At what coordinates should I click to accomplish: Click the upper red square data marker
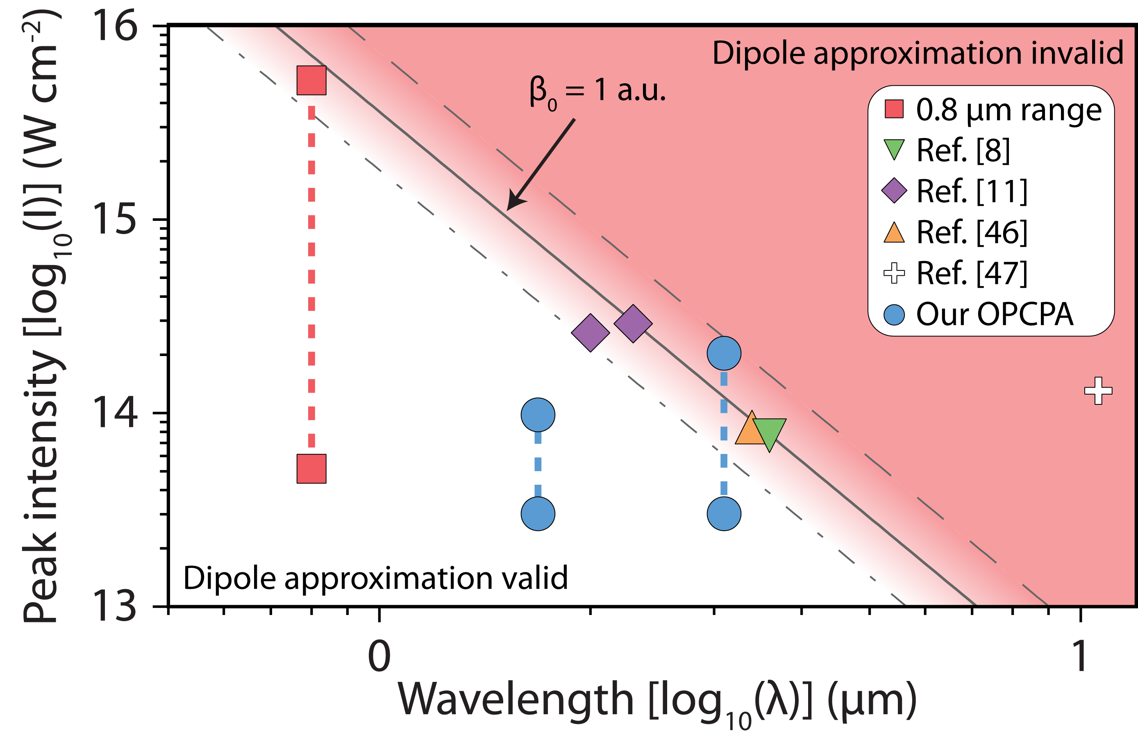click(311, 80)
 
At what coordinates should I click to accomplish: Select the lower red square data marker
click(311, 469)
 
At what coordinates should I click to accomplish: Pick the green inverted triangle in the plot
click(769, 433)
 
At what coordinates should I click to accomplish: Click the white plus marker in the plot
click(1098, 390)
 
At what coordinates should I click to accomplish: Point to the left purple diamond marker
click(591, 333)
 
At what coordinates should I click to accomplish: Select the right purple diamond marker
click(633, 324)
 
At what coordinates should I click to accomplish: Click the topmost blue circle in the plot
click(724, 353)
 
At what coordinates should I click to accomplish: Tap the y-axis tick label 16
click(115, 26)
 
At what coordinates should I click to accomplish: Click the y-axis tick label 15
click(115, 220)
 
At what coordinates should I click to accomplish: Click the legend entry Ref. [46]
click(971, 232)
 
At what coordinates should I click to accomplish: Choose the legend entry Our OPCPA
click(995, 315)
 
